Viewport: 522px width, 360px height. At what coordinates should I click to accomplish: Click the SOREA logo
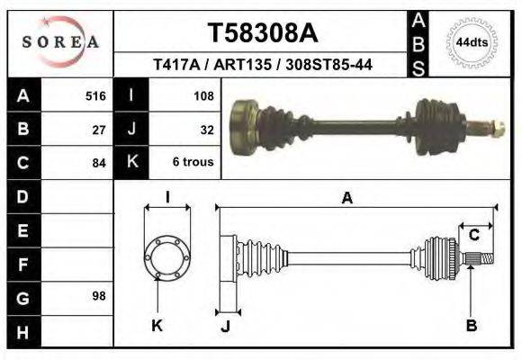(x=60, y=42)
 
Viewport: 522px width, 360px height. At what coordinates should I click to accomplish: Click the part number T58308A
(x=263, y=34)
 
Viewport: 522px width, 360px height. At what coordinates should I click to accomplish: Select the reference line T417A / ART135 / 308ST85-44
(x=264, y=66)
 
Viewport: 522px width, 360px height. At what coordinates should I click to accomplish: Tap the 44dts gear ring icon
(x=472, y=42)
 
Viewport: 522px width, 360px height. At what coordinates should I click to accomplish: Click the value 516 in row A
(x=95, y=95)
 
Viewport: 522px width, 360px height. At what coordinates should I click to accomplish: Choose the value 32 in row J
(x=206, y=130)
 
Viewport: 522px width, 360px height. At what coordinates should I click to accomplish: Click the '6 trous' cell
(x=193, y=163)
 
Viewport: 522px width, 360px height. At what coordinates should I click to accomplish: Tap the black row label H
(x=23, y=331)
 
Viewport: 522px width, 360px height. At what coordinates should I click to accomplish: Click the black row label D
(x=23, y=196)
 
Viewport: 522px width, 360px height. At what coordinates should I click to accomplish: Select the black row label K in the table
(x=131, y=163)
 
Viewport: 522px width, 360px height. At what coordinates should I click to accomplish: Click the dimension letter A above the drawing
(x=346, y=199)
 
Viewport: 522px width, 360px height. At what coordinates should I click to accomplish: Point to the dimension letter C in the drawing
(x=473, y=236)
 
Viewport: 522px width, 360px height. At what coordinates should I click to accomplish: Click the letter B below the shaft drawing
(x=471, y=326)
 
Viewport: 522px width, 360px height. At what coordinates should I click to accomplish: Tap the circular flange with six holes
(x=167, y=257)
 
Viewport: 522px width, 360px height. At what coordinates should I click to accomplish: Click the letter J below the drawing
(x=225, y=327)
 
